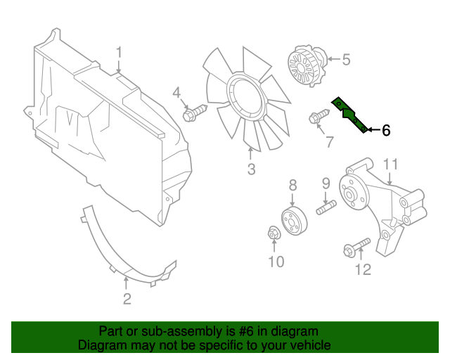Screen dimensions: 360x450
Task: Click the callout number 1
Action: [x=120, y=53]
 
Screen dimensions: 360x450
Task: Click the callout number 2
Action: [x=127, y=300]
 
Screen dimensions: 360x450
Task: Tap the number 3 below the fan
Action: [x=251, y=169]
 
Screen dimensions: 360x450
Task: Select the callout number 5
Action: [x=345, y=60]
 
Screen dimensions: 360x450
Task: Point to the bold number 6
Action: [x=385, y=130]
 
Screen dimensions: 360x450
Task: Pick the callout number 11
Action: [x=391, y=165]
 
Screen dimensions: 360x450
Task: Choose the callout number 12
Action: [x=363, y=269]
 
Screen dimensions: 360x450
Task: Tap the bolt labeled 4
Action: [x=193, y=112]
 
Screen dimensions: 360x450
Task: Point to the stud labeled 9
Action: [x=328, y=208]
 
